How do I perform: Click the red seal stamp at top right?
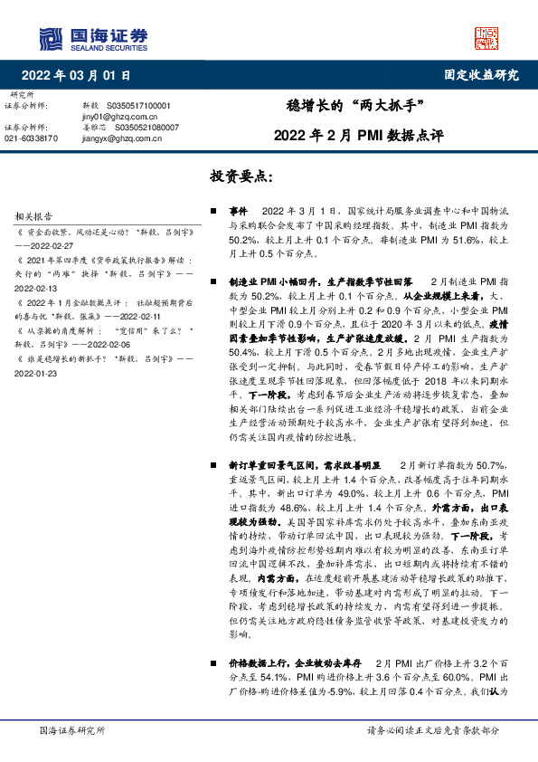coord(487,37)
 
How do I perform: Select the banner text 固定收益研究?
coord(482,75)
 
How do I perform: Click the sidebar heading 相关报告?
coord(34,216)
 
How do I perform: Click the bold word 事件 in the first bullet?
coord(239,209)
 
